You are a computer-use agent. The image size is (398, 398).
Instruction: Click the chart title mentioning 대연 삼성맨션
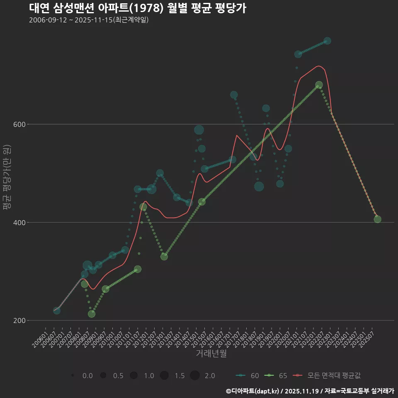coord(138,8)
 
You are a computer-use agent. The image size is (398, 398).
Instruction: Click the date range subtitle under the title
coord(89,20)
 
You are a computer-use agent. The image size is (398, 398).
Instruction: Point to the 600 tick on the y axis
coord(20,124)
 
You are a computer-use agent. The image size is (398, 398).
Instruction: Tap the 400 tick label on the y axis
coord(20,223)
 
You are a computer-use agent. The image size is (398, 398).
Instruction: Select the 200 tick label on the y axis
coord(20,320)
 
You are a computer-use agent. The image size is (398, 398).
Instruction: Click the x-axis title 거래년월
coord(211,354)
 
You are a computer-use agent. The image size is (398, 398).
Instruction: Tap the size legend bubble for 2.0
coord(195,376)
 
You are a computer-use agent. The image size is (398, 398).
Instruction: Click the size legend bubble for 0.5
coord(103,376)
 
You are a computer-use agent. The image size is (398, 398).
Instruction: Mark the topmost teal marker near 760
coord(327,41)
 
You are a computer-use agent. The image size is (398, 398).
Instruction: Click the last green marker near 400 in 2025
coord(377,219)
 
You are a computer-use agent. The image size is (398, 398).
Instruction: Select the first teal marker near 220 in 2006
coord(57,311)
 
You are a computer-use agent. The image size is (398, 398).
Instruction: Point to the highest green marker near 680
coord(319,85)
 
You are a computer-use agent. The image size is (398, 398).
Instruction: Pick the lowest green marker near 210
coord(92,314)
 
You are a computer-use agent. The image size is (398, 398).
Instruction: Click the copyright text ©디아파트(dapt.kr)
coord(252,391)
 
